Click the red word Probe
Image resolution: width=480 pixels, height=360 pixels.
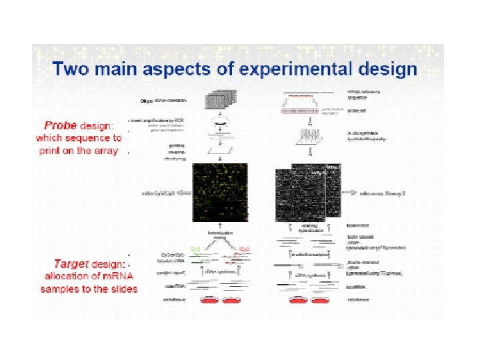(x=60, y=125)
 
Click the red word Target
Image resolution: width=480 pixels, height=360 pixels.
(x=61, y=265)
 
